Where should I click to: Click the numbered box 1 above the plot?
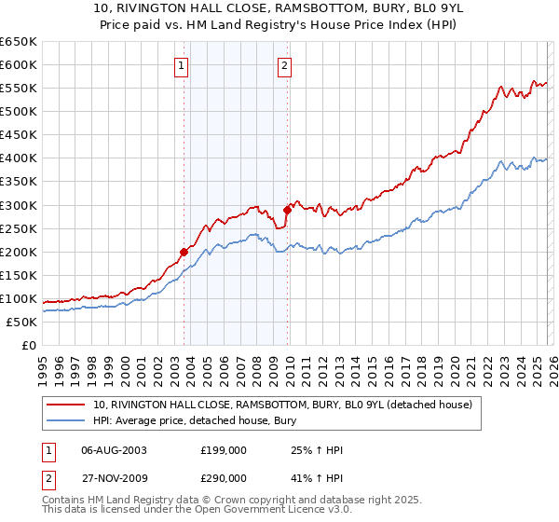[x=180, y=65]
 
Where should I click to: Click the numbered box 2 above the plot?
[x=283, y=65]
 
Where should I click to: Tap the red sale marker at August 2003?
[x=184, y=252]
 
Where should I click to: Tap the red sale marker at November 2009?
[x=287, y=210]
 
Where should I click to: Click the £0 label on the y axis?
[x=28, y=346]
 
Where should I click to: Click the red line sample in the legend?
[x=67, y=405]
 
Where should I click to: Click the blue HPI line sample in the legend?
[x=67, y=420]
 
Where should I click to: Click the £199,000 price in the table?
[x=224, y=450]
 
